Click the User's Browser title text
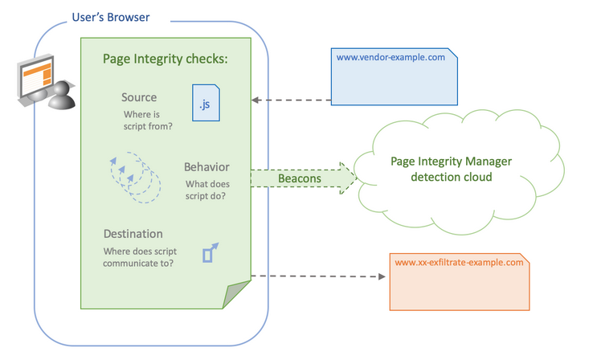tap(110, 17)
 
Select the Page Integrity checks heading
tap(166, 59)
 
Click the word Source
tap(139, 98)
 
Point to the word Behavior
tap(206, 167)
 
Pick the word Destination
tap(133, 234)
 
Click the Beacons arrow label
tap(300, 178)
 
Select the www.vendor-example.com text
tap(391, 58)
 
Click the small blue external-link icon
tap(211, 253)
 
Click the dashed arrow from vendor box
tap(291, 100)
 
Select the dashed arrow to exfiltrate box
tap(317, 276)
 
